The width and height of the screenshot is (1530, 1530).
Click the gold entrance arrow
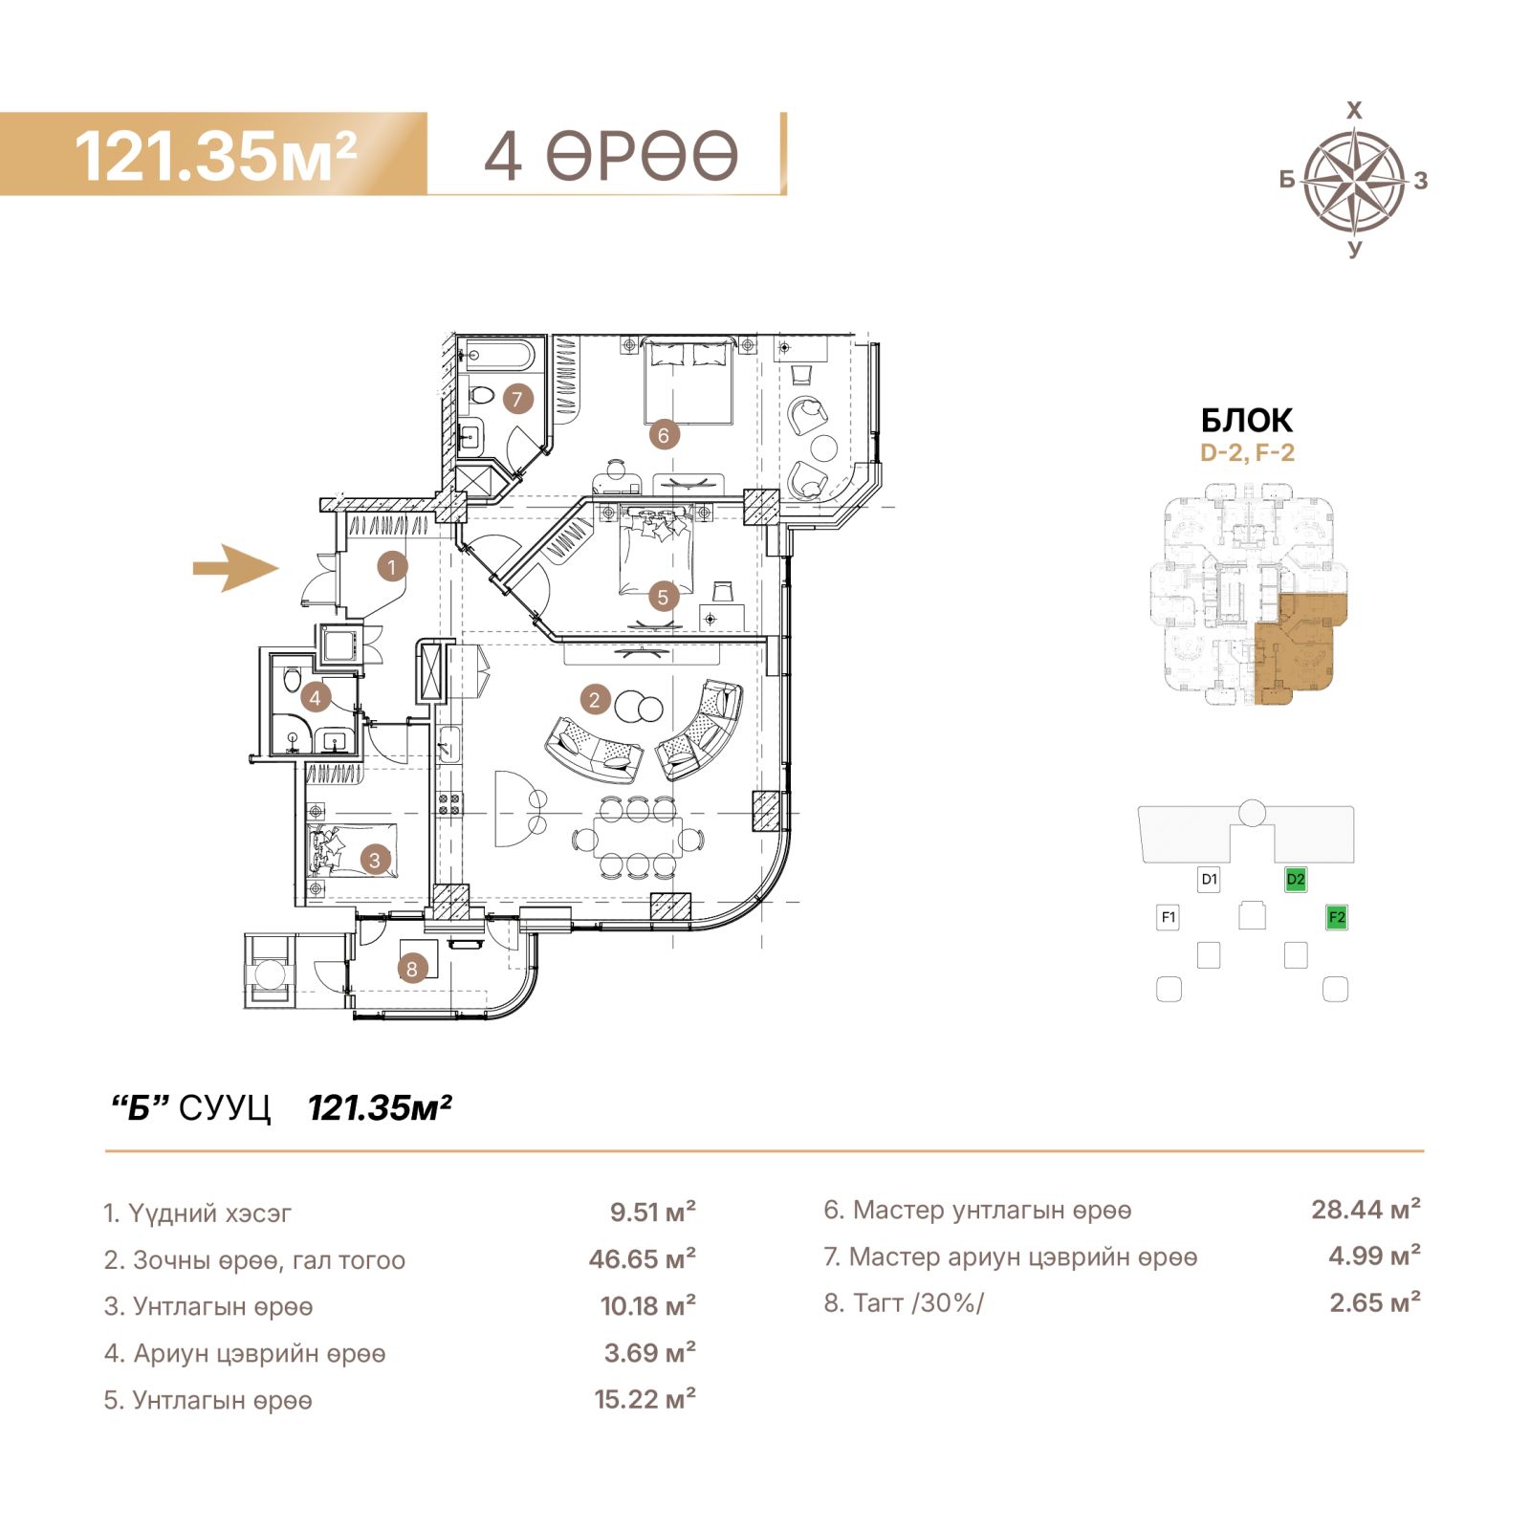point(236,568)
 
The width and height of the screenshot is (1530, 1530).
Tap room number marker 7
point(517,399)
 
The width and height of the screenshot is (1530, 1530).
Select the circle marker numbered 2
point(594,700)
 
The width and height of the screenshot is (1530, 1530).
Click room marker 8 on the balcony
point(412,969)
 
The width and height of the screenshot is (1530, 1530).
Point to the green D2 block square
point(1296,879)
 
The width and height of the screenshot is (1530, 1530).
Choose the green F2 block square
point(1337,918)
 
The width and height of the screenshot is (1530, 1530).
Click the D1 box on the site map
point(1209,879)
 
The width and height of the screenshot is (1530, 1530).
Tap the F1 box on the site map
point(1168,918)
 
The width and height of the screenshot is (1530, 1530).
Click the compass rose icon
point(1354,180)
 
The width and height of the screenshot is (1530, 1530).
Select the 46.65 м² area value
point(643,1258)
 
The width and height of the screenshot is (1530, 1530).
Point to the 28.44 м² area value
point(1366,1210)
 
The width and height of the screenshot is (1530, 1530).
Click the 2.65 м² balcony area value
point(1375,1302)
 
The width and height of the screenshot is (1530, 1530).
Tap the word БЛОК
point(1247,421)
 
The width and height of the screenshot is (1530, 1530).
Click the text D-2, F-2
point(1247,453)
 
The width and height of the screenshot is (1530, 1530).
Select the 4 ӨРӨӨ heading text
point(611,156)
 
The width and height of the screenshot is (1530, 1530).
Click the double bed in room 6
point(688,382)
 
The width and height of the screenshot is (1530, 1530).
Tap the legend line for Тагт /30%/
point(904,1303)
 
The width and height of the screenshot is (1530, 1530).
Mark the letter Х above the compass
point(1354,111)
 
